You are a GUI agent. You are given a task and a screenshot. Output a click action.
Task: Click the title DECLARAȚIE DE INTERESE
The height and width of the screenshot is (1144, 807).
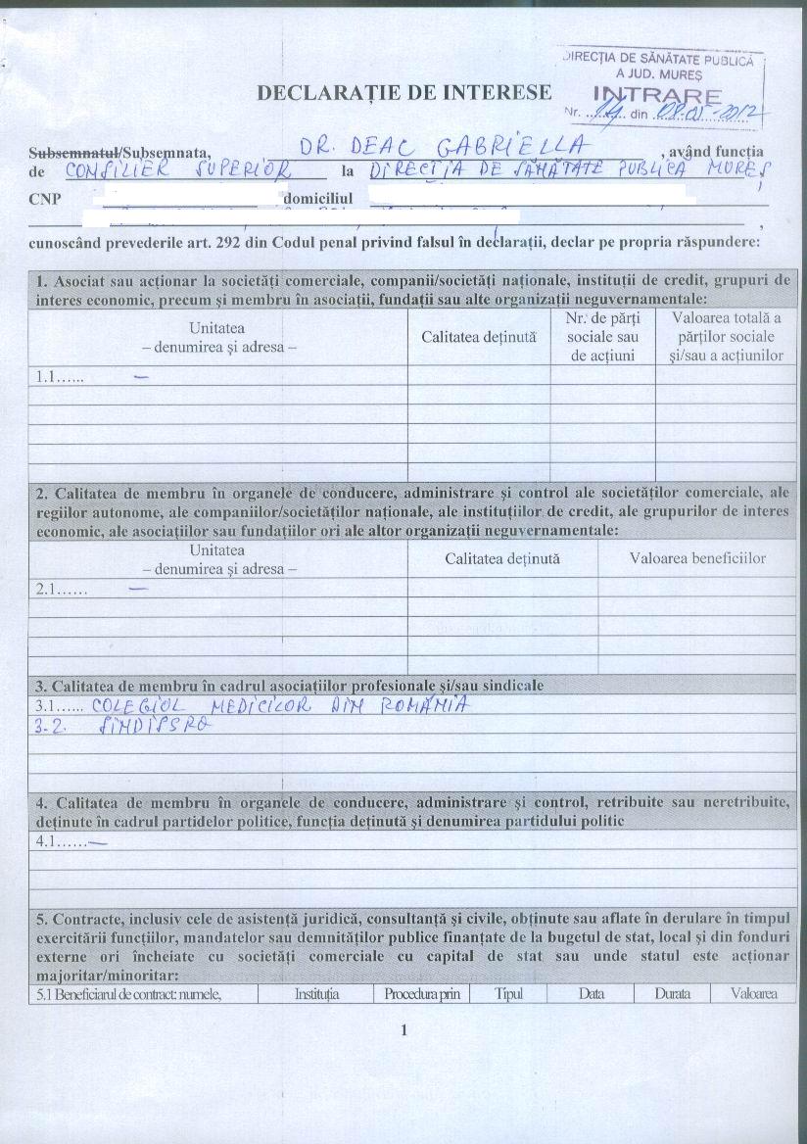(x=403, y=93)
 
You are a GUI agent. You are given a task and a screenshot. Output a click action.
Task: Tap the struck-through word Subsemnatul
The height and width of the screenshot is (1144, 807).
(x=76, y=152)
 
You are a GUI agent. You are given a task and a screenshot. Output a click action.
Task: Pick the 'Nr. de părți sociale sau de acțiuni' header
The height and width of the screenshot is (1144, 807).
(x=601, y=338)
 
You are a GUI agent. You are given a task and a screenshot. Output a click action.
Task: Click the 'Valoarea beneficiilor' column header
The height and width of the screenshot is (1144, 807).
(x=697, y=558)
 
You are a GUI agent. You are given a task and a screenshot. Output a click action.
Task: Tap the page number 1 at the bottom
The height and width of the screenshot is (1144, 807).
(x=403, y=1029)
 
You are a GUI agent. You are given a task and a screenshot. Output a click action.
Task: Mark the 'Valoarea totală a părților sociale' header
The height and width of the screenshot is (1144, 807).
(x=726, y=338)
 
